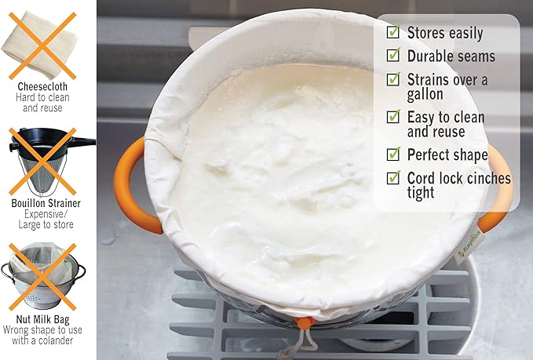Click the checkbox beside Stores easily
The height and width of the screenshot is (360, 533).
click(393, 32)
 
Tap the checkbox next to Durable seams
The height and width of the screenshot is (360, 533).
click(393, 56)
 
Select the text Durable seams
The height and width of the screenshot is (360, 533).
click(451, 56)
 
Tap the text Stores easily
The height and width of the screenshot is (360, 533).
click(444, 32)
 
